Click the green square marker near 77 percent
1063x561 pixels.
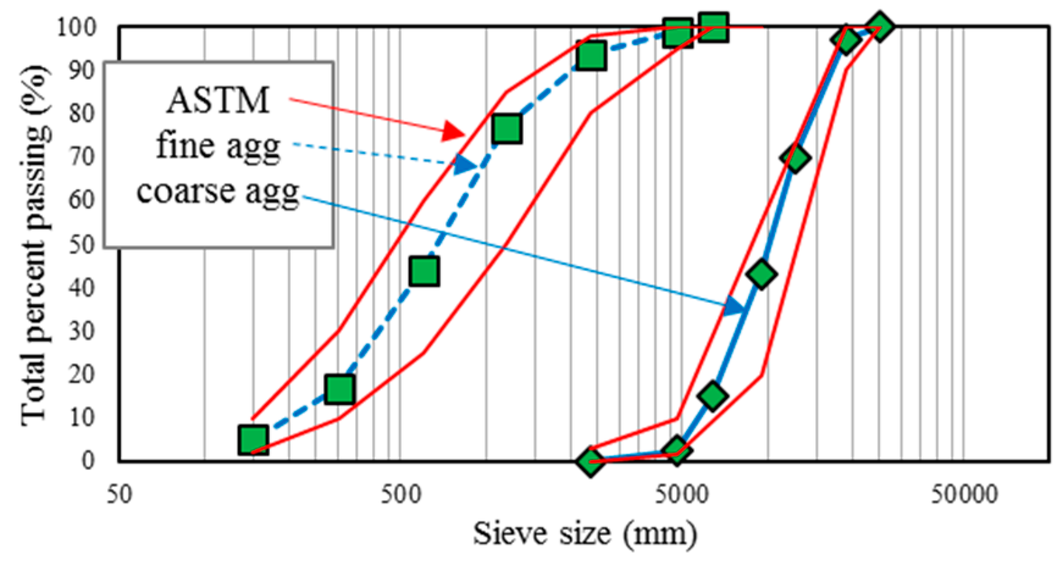click(x=507, y=128)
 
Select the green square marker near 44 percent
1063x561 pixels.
click(x=425, y=271)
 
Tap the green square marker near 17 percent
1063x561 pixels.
click(x=340, y=389)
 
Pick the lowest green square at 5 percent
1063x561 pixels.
click(x=253, y=439)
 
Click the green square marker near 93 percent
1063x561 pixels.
click(x=591, y=56)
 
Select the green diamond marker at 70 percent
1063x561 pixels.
click(x=795, y=158)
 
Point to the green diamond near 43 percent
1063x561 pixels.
click(x=761, y=274)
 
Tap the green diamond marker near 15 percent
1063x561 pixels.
click(x=713, y=396)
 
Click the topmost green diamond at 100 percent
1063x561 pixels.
click(x=879, y=27)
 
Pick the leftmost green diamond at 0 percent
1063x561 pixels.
click(x=590, y=461)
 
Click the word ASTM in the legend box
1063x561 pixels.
click(x=218, y=101)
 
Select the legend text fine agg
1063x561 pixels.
click(x=218, y=146)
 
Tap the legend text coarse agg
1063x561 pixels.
click(x=218, y=191)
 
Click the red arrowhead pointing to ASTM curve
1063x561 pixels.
click(x=455, y=130)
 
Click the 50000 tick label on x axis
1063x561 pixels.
click(x=964, y=494)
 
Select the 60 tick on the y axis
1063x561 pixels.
click(x=85, y=200)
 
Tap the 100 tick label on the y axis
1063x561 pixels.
click(x=77, y=27)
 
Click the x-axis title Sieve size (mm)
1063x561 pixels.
click(x=585, y=534)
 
